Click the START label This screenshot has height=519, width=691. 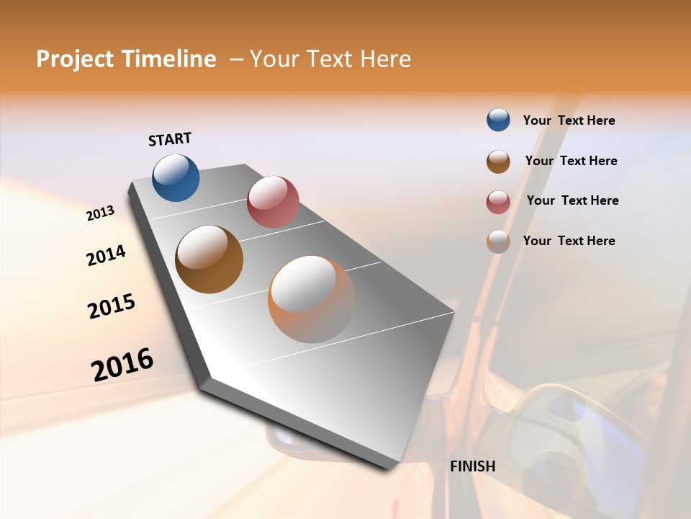(x=170, y=139)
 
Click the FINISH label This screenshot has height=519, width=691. (x=472, y=466)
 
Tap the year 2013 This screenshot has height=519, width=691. (x=101, y=213)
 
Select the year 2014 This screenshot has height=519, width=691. (x=106, y=256)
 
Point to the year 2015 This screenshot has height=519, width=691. (x=112, y=306)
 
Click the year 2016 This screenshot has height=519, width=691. (x=122, y=364)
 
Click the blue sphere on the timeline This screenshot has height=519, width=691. (x=176, y=178)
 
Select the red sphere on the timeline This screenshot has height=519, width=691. (x=273, y=201)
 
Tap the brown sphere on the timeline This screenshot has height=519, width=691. (x=209, y=259)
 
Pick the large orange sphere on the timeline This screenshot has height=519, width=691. (x=312, y=299)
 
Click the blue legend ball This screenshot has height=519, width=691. (x=498, y=120)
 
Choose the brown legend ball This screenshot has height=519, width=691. (x=498, y=161)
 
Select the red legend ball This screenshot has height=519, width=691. (x=498, y=202)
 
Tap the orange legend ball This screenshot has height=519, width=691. (x=498, y=241)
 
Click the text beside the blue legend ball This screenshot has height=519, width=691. (x=569, y=120)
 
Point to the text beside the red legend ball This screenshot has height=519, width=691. (x=572, y=200)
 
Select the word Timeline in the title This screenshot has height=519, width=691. (x=171, y=59)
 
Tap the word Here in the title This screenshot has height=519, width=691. (x=383, y=59)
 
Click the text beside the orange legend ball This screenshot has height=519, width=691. (x=569, y=241)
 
